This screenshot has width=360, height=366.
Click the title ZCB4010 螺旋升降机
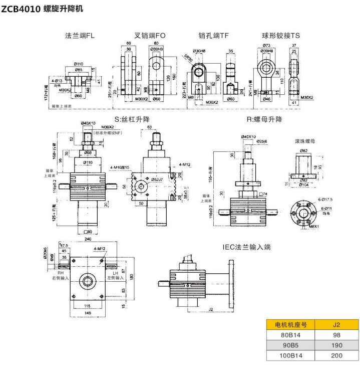pyautogui.click(x=42, y=9)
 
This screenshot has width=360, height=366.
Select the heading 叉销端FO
pyautogui.click(x=151, y=36)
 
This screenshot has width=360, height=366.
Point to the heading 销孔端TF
pyautogui.click(x=214, y=36)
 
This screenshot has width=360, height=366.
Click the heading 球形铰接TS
pyautogui.click(x=281, y=36)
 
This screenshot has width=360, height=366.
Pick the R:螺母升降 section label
pyautogui.click(x=264, y=119)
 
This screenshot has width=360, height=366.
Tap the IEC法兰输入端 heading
pyautogui.click(x=247, y=247)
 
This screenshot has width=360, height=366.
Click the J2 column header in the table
pyautogui.click(x=336, y=324)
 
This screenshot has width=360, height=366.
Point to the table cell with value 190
pyautogui.click(x=336, y=345)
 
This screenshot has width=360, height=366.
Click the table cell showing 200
pyautogui.click(x=336, y=355)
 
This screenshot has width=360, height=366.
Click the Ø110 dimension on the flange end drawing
pyautogui.click(x=79, y=64)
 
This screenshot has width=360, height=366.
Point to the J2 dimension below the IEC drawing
pyautogui.click(x=210, y=309)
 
